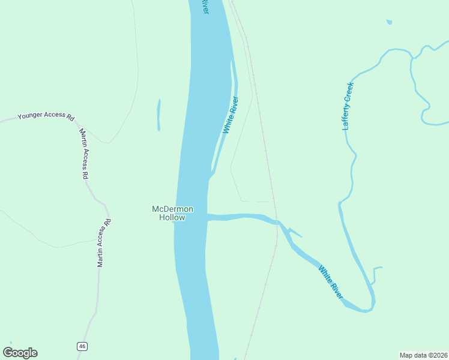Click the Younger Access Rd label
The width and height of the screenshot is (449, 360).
tap(46, 116)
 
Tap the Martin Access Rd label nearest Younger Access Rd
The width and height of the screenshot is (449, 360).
tap(85, 154)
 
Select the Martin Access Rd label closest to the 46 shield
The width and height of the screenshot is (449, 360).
tap(104, 242)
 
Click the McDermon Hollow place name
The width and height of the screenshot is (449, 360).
tap(172, 213)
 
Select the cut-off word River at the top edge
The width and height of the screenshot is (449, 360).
tap(205, 7)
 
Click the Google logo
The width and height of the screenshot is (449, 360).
tap(20, 352)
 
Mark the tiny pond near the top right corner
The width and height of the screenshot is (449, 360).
tap(390, 22)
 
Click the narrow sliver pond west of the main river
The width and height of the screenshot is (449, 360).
tap(158, 114)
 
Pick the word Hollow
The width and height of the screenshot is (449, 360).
tap(172, 218)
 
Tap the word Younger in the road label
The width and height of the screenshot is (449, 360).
tap(32, 116)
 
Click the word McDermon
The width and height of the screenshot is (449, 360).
tap(172, 209)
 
